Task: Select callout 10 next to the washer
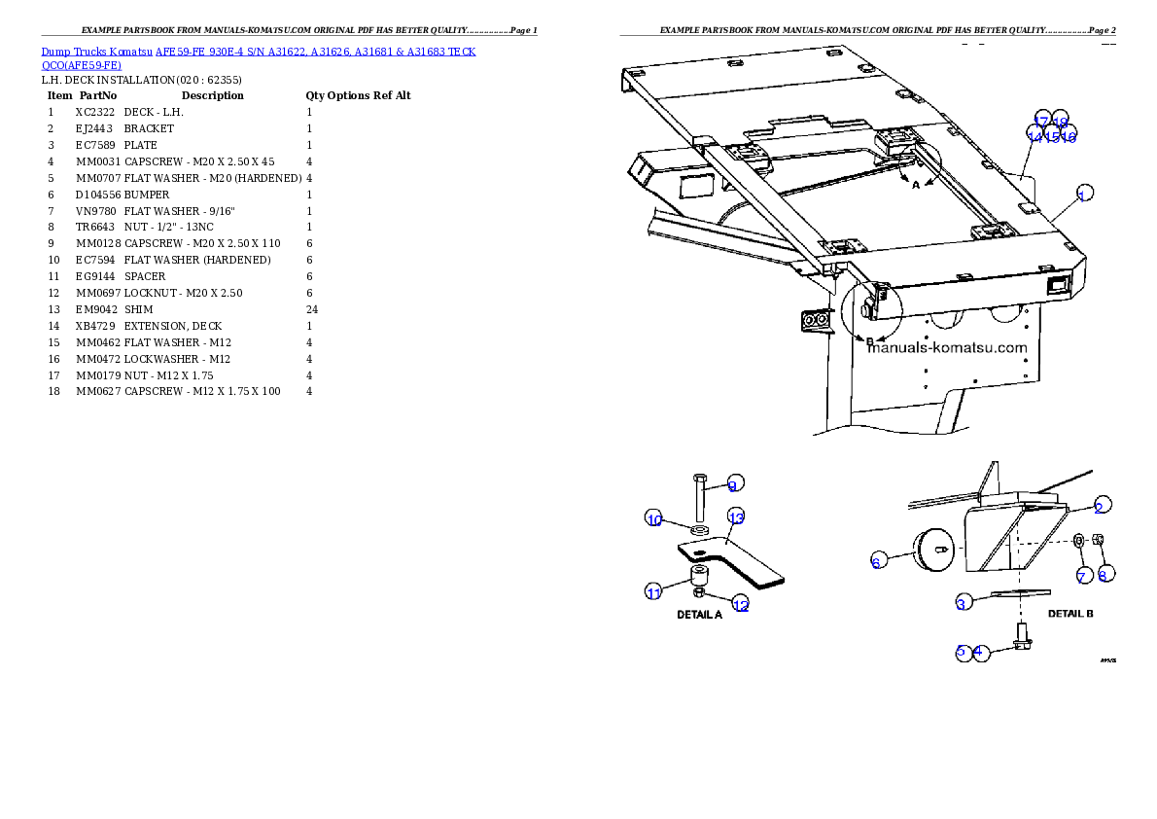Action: coord(654,519)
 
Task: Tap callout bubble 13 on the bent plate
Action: coord(736,516)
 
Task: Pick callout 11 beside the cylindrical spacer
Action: coord(654,590)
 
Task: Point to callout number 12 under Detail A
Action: coord(741,605)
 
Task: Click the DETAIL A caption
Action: coord(699,615)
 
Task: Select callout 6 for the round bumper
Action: coord(876,561)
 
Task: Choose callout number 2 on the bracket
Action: coord(1099,506)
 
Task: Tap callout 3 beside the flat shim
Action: coord(962,603)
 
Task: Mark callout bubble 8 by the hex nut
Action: coord(1104,575)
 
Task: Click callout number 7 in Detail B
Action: coord(1082,576)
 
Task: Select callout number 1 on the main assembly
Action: coord(1082,194)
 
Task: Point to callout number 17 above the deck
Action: coord(1041,122)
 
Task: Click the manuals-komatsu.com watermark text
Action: coord(948,347)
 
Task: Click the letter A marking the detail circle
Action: coord(915,185)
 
